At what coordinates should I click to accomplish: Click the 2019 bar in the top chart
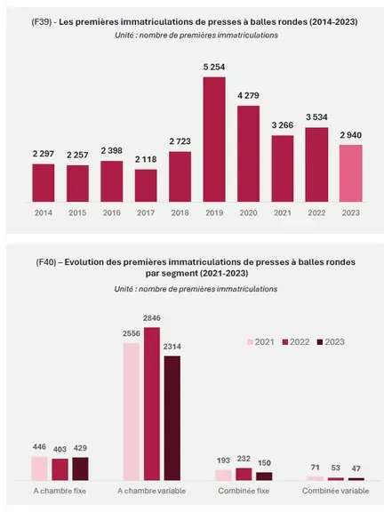point(214,140)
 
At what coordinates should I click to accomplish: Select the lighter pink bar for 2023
point(351,173)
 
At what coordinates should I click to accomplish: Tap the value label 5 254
point(214,67)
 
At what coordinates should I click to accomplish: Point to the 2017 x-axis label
point(146,213)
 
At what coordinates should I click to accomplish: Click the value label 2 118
point(146,159)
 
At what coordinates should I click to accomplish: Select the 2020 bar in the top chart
point(248,154)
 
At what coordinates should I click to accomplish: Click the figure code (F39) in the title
point(41,22)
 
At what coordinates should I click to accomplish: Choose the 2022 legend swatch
point(285,342)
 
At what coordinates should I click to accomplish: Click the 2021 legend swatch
point(251,342)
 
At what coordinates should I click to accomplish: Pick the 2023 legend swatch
point(320,342)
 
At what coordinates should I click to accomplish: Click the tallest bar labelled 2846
point(152,404)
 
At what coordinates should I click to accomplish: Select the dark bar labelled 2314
point(172,419)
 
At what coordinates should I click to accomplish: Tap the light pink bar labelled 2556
point(132,412)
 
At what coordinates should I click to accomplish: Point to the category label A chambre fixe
point(60,491)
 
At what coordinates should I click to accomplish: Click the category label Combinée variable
point(335,491)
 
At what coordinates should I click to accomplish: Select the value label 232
point(244,459)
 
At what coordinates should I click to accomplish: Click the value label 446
point(39,447)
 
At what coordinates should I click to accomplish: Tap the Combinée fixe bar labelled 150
point(264,476)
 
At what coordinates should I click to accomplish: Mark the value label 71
point(316,468)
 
